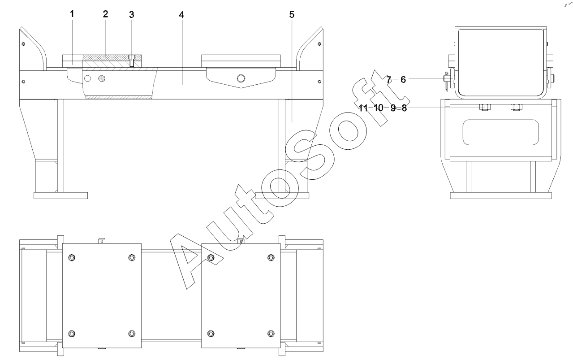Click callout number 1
tap(72, 14)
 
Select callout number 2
tap(105, 14)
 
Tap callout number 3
tap(131, 15)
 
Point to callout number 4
tap(181, 15)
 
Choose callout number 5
tap(292, 15)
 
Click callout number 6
tap(403, 80)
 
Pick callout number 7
tap(389, 80)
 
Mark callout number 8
tap(404, 108)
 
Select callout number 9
tap(393, 108)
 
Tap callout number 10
tap(379, 108)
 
